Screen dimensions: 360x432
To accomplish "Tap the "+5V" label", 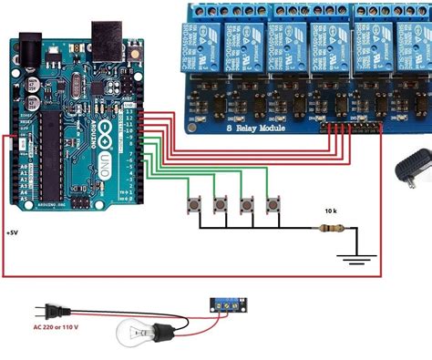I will pos(13,233).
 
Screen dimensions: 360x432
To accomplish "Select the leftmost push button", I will pos(195,204).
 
